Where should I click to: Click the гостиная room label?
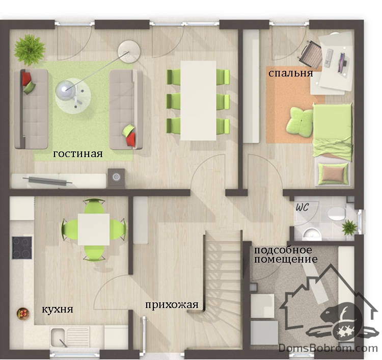[x=78, y=154]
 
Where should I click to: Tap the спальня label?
[x=291, y=73]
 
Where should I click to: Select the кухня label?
[x=58, y=310]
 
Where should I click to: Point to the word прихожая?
[x=172, y=305]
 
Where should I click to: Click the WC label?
[x=302, y=208]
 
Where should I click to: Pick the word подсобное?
[x=283, y=250]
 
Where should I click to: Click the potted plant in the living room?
[x=30, y=50]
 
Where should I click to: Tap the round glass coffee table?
[x=73, y=96]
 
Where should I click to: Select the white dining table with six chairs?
[x=198, y=100]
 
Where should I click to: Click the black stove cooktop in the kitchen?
[x=22, y=247]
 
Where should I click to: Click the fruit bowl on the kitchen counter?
[x=23, y=313]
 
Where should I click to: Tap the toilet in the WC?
[x=337, y=213]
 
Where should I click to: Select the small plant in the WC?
[x=349, y=227]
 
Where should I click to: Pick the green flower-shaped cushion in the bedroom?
[x=299, y=121]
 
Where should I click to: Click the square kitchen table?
[x=94, y=229]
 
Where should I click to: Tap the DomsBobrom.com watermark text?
[x=328, y=348]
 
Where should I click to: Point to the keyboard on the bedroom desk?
[x=329, y=58]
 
